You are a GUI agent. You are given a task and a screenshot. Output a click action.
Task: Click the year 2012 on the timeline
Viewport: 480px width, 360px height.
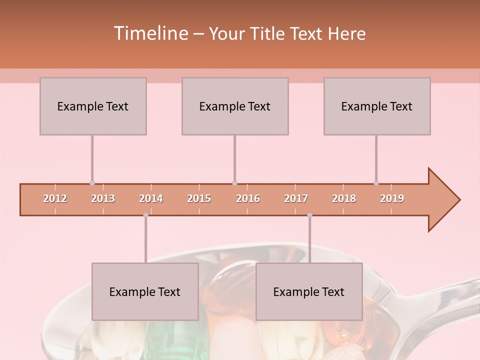click(55, 198)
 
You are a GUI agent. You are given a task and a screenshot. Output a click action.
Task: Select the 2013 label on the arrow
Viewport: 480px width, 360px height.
click(103, 198)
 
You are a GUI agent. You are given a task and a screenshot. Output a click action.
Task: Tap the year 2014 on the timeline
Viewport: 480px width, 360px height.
click(151, 198)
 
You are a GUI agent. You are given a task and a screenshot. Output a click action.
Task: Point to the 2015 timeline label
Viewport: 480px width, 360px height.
click(199, 198)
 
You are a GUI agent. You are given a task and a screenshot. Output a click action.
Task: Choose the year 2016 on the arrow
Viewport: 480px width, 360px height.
click(248, 198)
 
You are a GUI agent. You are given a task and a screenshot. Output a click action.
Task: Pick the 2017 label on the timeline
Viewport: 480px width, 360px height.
click(296, 198)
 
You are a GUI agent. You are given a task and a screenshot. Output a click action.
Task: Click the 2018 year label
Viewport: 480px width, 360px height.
click(344, 198)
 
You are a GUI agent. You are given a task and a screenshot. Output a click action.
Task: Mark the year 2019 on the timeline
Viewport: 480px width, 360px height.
click(392, 198)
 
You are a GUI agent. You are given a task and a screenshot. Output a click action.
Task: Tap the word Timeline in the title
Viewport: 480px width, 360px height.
click(150, 33)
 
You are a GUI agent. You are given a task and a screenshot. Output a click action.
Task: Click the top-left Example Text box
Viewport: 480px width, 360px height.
click(93, 106)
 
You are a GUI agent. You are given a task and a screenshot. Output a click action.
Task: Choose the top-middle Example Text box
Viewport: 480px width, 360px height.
click(235, 106)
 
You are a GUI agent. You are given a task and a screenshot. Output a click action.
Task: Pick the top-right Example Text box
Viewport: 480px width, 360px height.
click(377, 106)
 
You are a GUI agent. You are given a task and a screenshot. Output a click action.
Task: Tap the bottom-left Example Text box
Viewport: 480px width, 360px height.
click(145, 291)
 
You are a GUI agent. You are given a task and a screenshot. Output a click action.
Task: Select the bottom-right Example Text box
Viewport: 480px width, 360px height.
click(309, 291)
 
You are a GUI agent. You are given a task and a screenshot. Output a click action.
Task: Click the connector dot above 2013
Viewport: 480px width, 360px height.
click(92, 183)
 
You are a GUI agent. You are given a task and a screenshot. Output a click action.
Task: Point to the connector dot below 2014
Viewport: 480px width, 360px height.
click(145, 215)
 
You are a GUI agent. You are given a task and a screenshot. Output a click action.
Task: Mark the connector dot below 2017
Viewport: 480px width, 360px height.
click(309, 215)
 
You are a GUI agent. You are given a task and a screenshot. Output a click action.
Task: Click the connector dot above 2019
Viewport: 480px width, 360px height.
click(376, 183)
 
